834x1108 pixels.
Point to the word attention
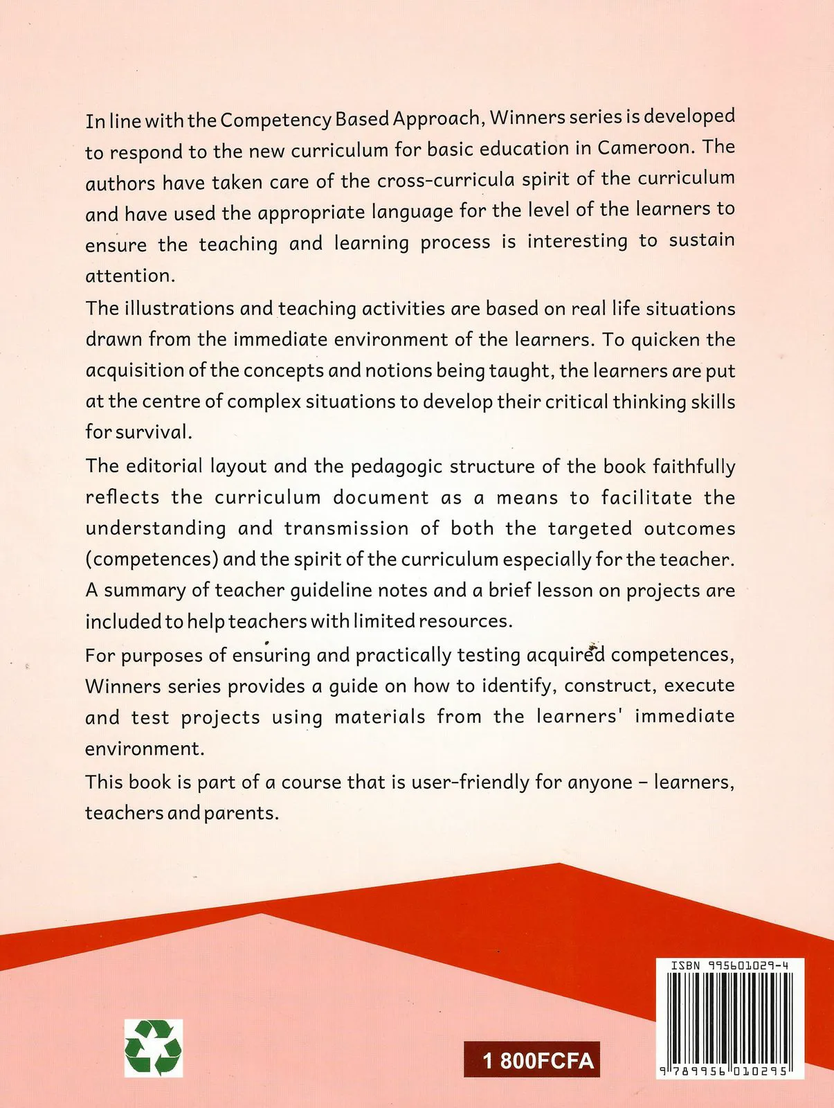pyautogui.click(x=130, y=276)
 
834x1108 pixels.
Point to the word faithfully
pyautogui.click(x=694, y=467)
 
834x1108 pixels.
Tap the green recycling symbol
pyautogui.click(x=154, y=1048)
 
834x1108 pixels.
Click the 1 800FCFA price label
pyautogui.click(x=532, y=1060)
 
